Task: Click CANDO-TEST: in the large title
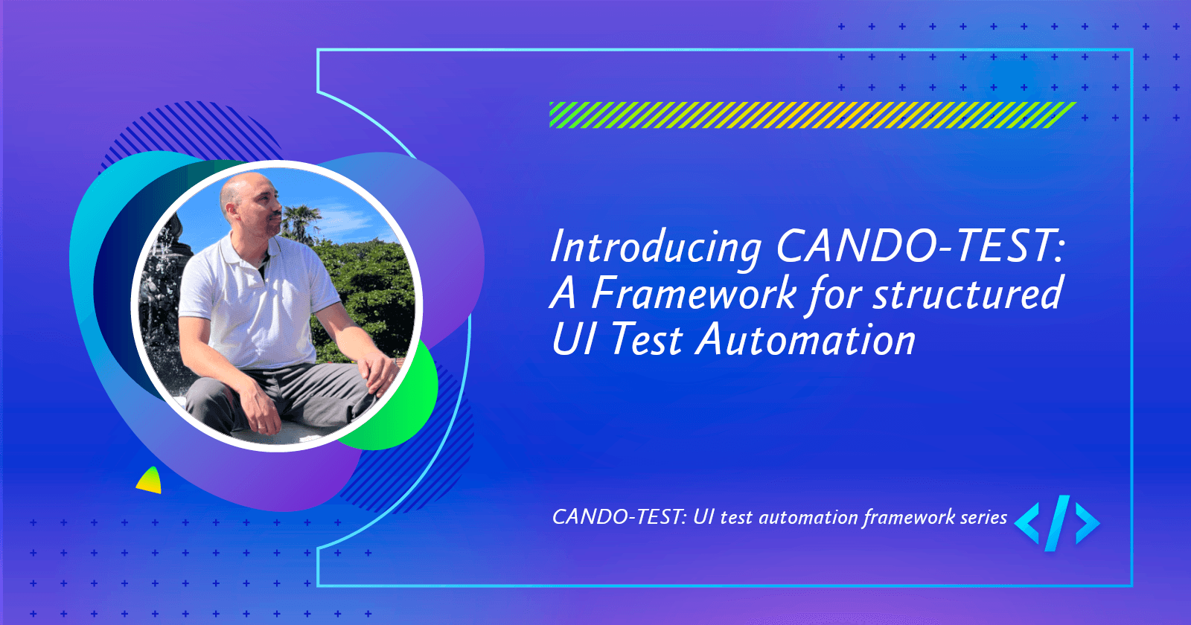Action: pos(920,246)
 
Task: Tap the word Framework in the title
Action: pos(694,293)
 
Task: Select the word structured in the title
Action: pos(968,293)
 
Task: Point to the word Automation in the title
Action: pos(805,340)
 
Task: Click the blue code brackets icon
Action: pos(1057,523)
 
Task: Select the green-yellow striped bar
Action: pos(811,115)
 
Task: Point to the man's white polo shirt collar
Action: pos(246,246)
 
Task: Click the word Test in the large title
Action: pos(646,340)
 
